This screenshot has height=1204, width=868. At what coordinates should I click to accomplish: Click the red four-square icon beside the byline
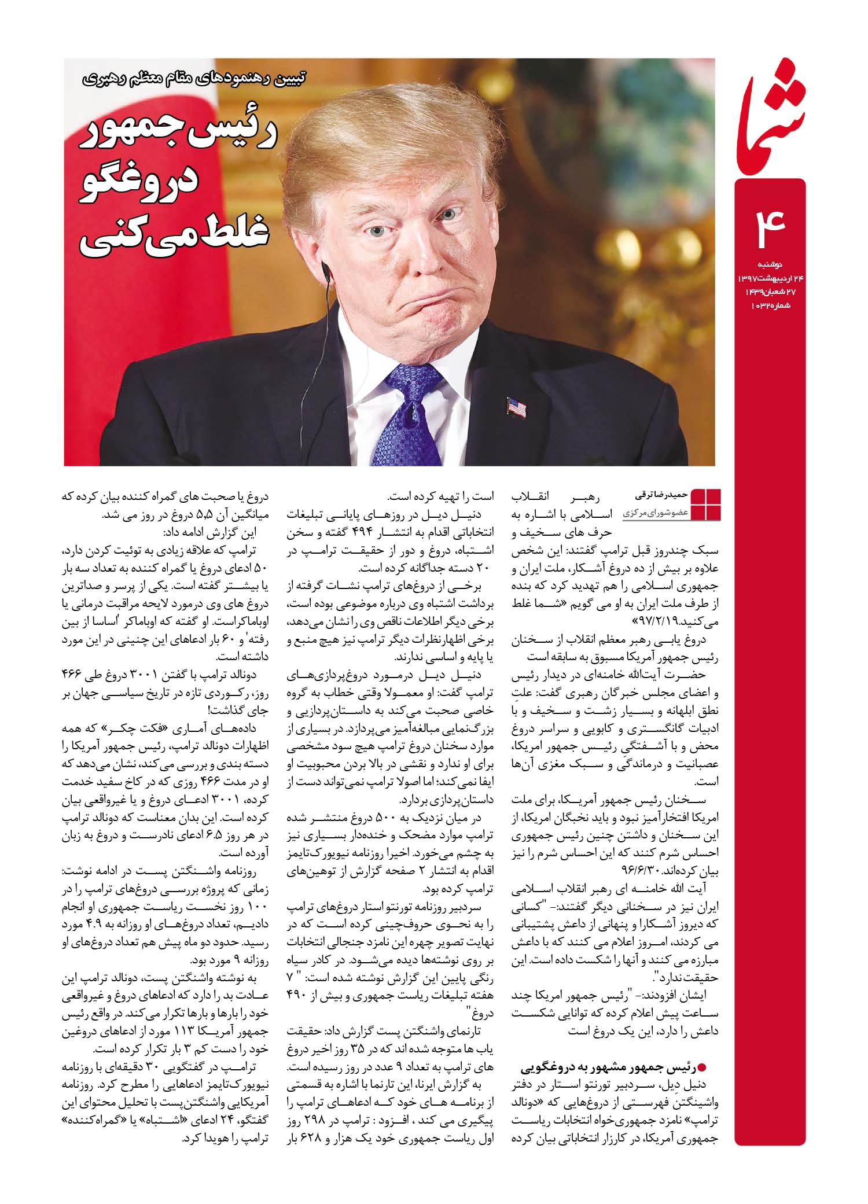[706, 505]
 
